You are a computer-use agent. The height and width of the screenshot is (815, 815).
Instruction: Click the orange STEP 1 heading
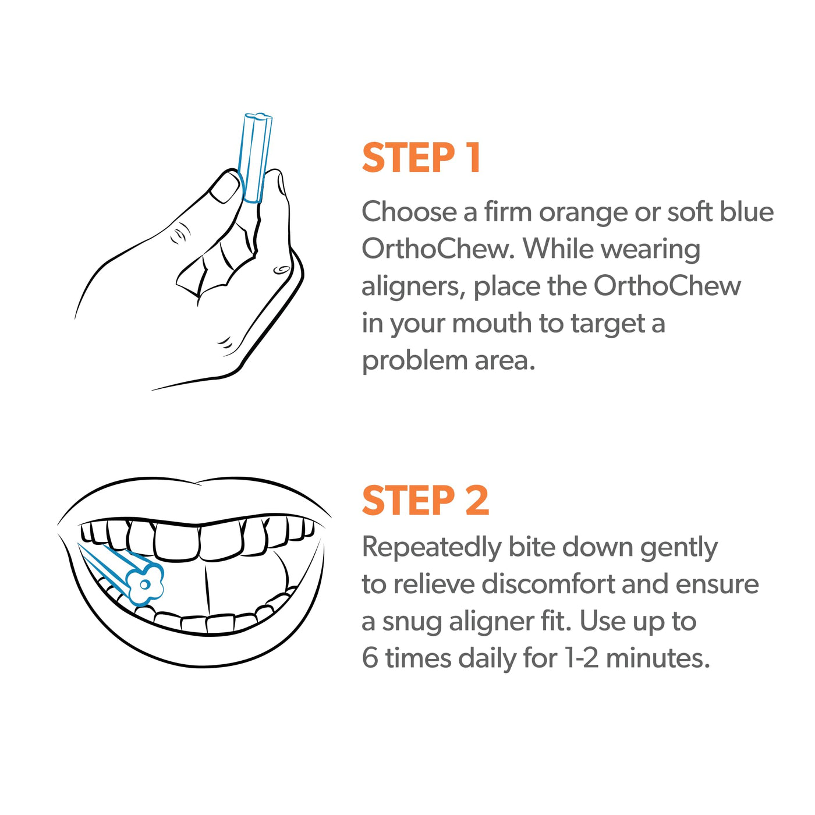pyautogui.click(x=421, y=157)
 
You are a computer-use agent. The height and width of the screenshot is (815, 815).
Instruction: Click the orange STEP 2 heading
pyautogui.click(x=426, y=501)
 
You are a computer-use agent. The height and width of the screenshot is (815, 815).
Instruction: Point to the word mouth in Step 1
pyautogui.click(x=492, y=324)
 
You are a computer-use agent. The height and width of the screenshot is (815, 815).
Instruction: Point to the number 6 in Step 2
pyautogui.click(x=370, y=659)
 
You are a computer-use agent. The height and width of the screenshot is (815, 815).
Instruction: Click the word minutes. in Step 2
pyautogui.click(x=658, y=658)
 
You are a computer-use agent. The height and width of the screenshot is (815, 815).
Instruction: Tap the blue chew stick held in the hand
pyautogui.click(x=254, y=158)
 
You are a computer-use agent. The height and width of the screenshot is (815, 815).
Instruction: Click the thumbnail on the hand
pyautogui.click(x=225, y=186)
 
